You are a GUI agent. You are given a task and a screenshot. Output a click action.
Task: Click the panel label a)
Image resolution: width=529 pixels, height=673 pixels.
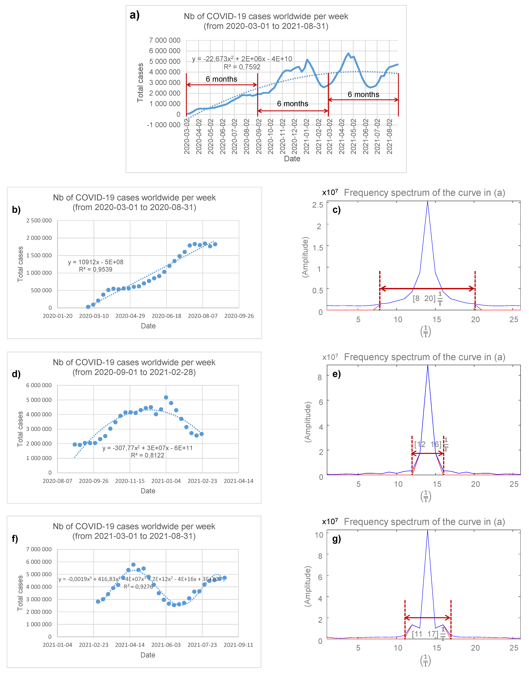(x=134, y=15)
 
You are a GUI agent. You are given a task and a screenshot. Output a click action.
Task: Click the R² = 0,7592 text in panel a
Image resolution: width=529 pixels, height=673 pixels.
(x=242, y=67)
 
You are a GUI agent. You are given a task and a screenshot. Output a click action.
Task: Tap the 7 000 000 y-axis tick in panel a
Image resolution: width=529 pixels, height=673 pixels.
(x=165, y=40)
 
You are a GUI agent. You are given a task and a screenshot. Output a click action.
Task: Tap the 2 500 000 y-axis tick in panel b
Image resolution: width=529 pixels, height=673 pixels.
(x=39, y=220)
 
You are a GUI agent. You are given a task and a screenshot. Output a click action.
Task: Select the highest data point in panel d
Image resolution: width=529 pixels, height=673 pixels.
(x=166, y=397)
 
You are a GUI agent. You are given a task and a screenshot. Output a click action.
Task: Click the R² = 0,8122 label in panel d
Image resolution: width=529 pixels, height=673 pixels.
(x=147, y=455)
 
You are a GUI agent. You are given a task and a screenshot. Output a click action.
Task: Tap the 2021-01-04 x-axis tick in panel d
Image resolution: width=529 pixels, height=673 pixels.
(x=166, y=481)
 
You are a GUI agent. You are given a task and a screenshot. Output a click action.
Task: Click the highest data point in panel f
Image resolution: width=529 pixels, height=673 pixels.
(x=133, y=565)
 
